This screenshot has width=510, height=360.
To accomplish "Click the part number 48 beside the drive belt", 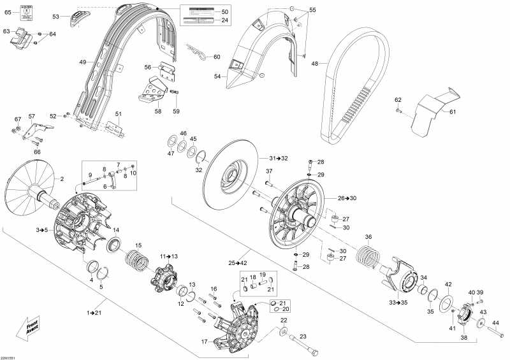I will coord(314,63).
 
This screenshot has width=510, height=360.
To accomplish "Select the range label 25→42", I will coord(238,263).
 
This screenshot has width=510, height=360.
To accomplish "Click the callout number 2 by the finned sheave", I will coord(62,180).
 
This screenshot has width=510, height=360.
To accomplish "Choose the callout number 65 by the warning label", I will coord(8,12).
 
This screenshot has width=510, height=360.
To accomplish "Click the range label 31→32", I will coord(279,157).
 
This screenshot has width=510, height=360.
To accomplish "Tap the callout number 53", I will coord(55,16).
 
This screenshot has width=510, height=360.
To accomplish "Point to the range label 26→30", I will coord(347,198).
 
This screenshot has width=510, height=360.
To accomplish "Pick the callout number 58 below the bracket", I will coord(157,111).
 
